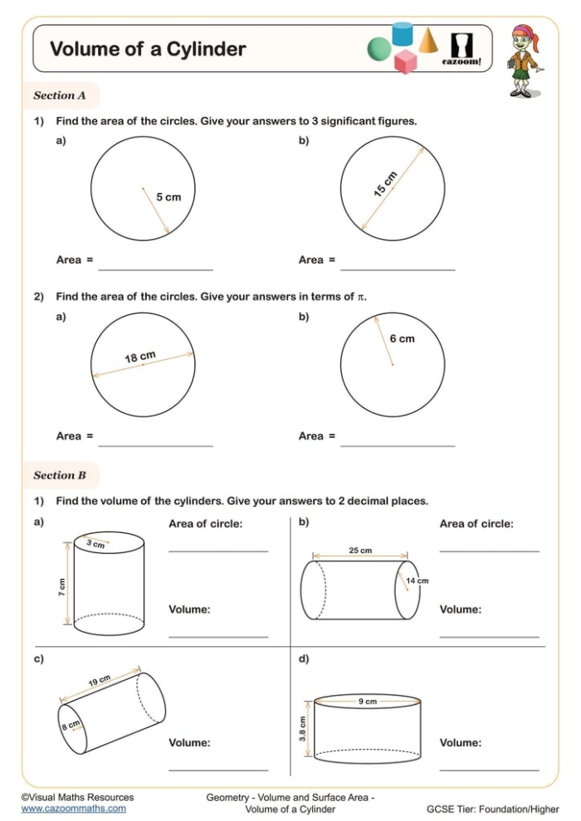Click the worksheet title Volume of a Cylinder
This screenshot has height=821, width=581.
coord(148,49)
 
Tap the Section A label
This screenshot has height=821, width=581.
coord(60,95)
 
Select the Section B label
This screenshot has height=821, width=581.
coord(60,475)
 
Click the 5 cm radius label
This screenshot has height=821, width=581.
coord(168,197)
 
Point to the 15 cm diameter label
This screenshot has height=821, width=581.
coord(385,184)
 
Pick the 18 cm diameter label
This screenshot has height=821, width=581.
coord(140,357)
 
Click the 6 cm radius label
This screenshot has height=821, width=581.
coord(402,338)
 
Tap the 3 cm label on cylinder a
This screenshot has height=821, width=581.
coord(95,544)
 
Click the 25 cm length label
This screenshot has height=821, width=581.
coord(360,550)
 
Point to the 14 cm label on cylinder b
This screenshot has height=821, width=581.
coord(417,581)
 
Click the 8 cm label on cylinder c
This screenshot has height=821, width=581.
coord(70,726)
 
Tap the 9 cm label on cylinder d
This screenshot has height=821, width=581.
coord(368,702)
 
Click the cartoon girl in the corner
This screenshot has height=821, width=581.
coord(522,61)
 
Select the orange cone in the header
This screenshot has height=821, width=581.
coord(428,40)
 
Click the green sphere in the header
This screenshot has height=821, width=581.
coord(380,48)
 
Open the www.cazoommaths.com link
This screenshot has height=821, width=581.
coord(74,808)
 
